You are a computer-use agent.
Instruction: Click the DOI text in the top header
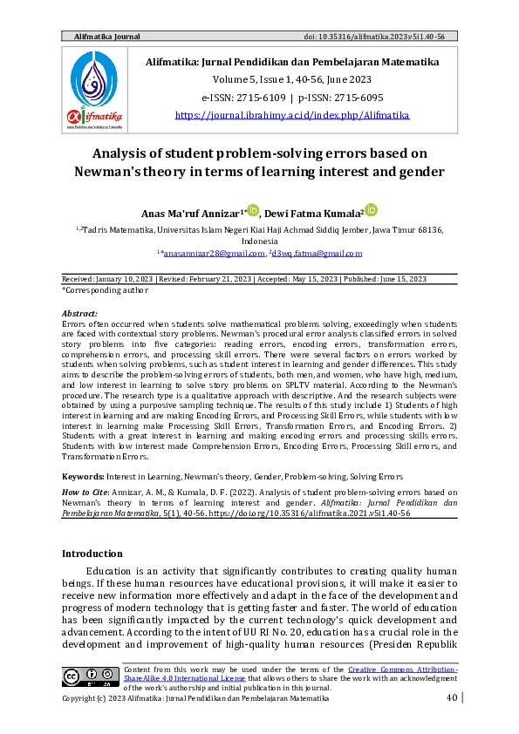[398, 37]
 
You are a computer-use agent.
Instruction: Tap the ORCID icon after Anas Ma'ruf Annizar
[254, 210]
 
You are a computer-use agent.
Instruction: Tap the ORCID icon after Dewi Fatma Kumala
[371, 210]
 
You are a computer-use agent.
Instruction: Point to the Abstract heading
[79, 312]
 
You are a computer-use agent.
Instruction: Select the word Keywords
[83, 477]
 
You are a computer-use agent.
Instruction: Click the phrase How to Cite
[84, 493]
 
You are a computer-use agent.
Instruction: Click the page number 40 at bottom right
[451, 698]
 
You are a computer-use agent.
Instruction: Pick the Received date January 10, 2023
[118, 278]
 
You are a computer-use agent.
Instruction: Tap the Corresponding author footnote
[99, 289]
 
